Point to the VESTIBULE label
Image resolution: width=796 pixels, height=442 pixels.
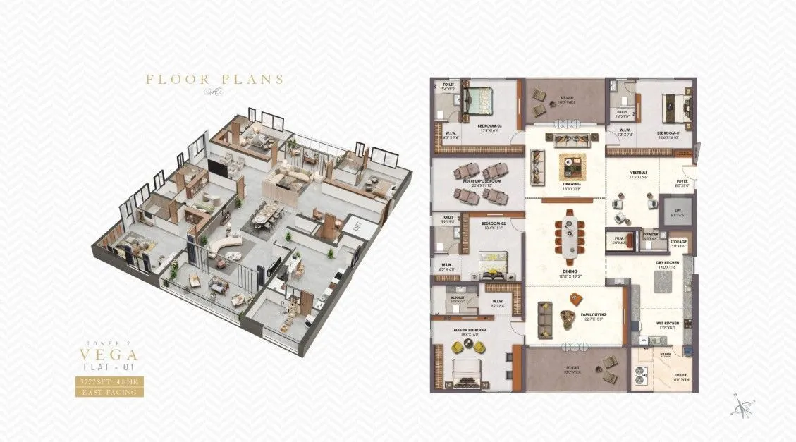pyautogui.click(x=638, y=173)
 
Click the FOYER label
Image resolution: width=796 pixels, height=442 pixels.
pyautogui.click(x=682, y=181)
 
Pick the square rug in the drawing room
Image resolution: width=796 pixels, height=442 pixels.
pyautogui.click(x=572, y=166)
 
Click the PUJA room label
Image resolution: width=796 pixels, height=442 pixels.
pyautogui.click(x=619, y=238)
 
